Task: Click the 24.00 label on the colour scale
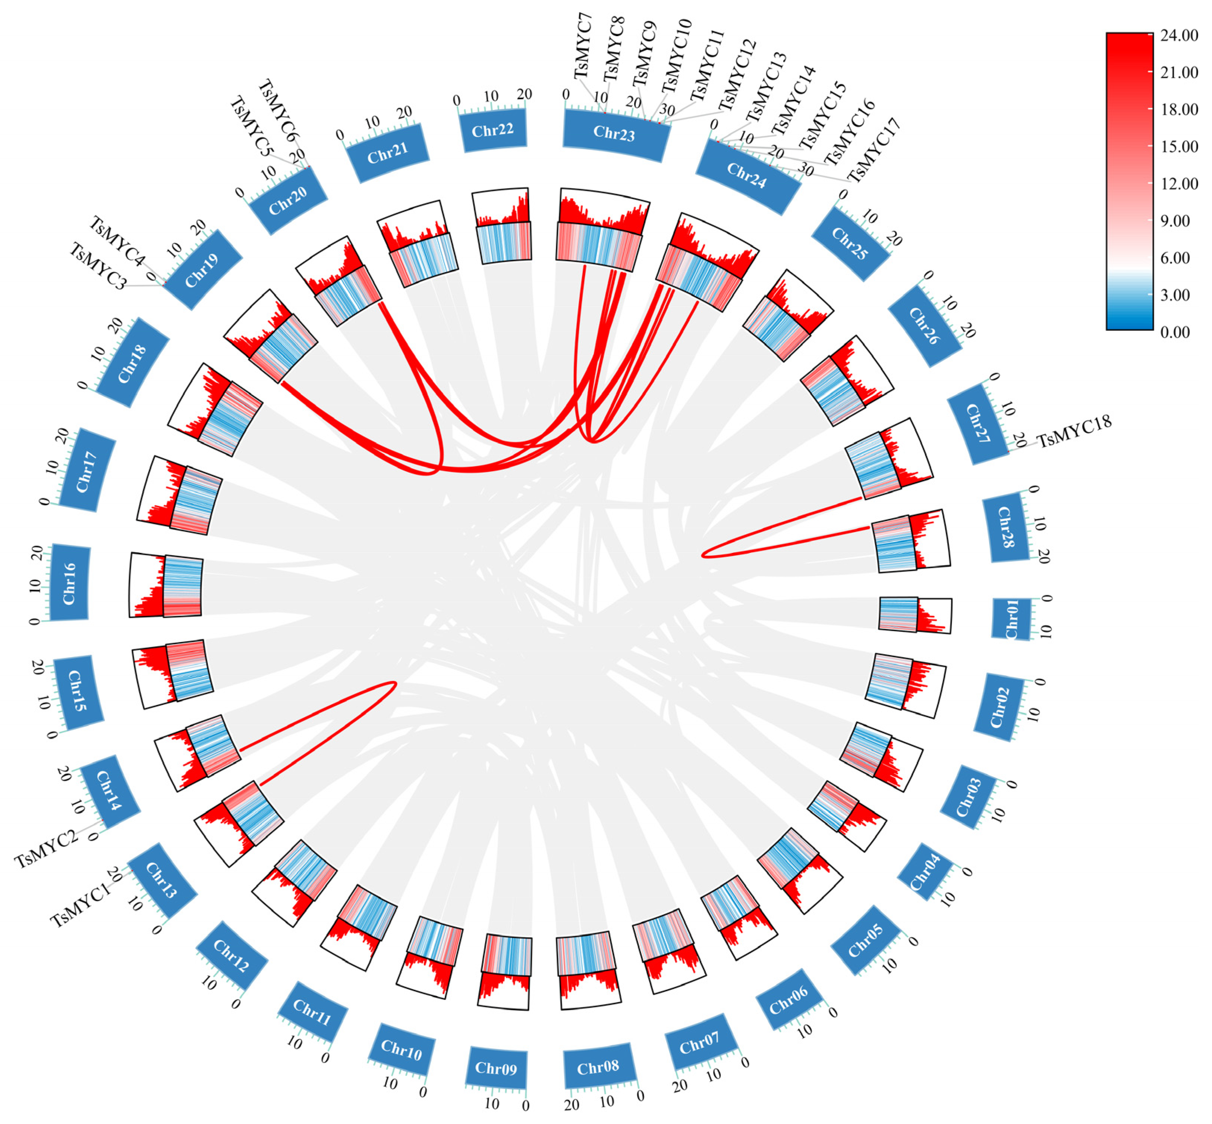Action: click(x=1178, y=35)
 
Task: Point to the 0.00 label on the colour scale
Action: click(x=1175, y=332)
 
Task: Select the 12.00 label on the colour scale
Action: click(x=1178, y=184)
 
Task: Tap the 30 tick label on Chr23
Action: click(x=667, y=110)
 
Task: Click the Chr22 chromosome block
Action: click(x=493, y=130)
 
